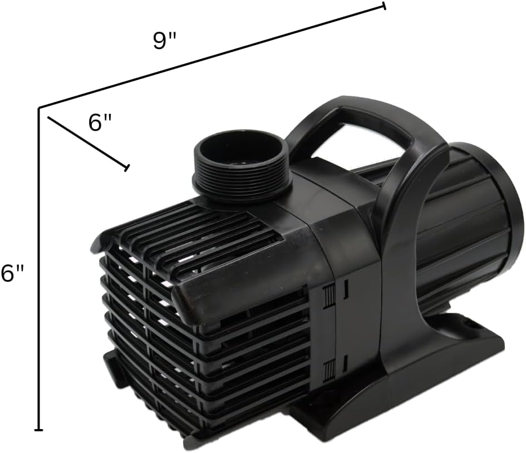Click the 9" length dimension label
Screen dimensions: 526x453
point(165,41)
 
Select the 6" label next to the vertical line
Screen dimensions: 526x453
point(12,273)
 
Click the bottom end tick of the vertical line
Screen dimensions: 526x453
point(39,430)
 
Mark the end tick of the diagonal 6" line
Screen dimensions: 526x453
point(127,168)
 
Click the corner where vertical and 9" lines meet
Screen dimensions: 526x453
point(39,107)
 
